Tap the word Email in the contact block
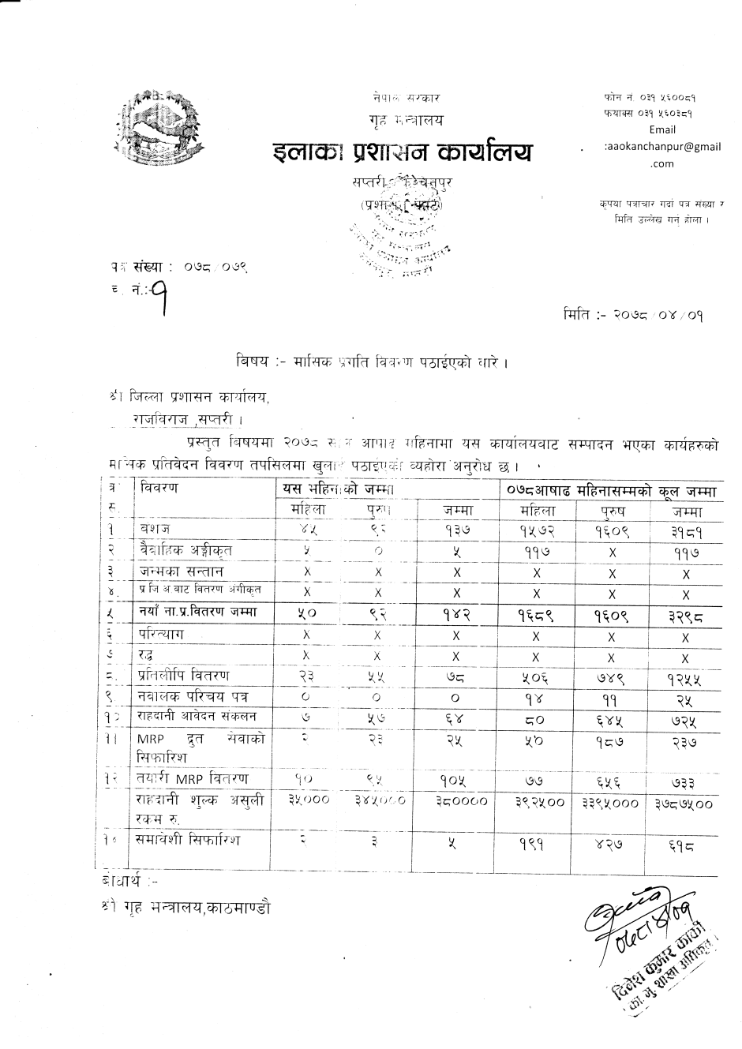point(661,130)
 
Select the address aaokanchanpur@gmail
point(662,147)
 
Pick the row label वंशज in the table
point(156,528)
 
